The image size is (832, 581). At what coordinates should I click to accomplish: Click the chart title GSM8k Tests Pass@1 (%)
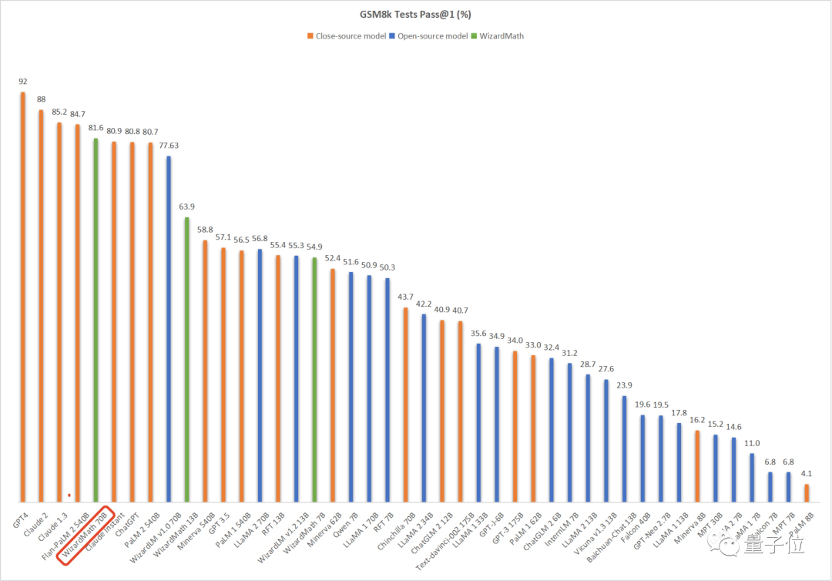(x=415, y=14)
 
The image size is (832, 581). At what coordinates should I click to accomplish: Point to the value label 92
(x=22, y=81)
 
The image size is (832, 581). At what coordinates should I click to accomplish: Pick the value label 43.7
(x=406, y=297)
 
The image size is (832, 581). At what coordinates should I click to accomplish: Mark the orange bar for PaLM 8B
(x=807, y=492)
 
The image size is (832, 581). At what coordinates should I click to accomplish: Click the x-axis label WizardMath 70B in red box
(x=87, y=525)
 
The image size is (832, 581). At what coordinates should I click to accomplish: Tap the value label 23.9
(x=625, y=385)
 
